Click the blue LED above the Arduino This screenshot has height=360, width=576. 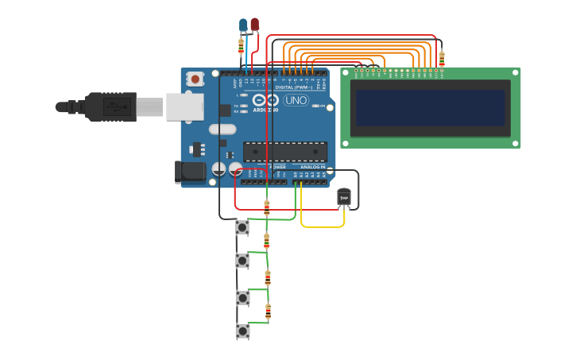coord(243,25)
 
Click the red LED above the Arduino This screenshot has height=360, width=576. coord(254,25)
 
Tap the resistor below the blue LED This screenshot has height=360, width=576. coord(242,46)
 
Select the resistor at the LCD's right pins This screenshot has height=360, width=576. coord(442,57)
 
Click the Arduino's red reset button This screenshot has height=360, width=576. coord(195,79)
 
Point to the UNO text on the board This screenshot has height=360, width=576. coord(296,100)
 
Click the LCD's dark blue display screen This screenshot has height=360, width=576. coord(430,108)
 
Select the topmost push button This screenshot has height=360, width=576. coord(242,227)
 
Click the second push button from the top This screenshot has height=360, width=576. coord(242,260)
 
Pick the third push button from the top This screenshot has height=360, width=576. coord(242,297)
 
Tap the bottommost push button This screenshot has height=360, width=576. coord(242,331)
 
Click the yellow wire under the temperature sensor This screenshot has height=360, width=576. coord(323,226)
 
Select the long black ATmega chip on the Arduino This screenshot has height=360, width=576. coord(285,151)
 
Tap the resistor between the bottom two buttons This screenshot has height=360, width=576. coord(268,312)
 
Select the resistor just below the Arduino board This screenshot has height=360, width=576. coord(266,208)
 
